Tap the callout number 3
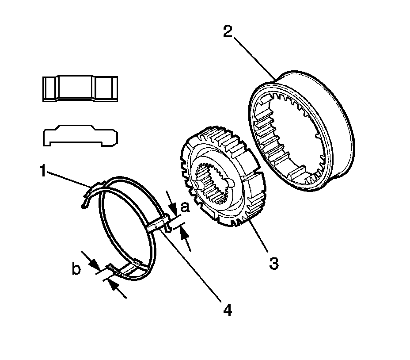274,264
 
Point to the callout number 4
227,310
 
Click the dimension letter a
185,207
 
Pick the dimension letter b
76,269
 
